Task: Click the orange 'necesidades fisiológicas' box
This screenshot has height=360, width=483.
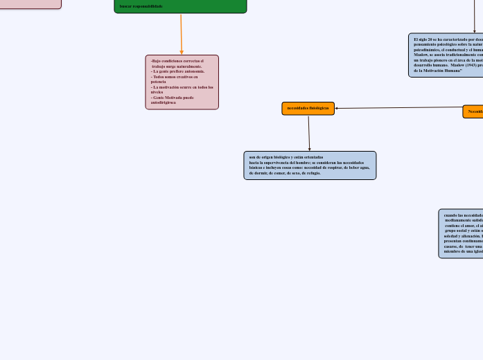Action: (x=308, y=109)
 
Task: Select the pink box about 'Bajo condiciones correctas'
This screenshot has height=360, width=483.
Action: (x=182, y=82)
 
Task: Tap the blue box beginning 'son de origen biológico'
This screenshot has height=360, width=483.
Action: (x=310, y=165)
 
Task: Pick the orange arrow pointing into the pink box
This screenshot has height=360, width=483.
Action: (x=182, y=35)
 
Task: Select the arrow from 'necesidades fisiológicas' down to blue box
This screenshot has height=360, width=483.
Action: (x=309, y=133)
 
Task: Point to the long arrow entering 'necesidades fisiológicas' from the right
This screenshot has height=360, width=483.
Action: (x=398, y=108)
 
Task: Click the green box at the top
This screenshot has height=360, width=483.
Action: (x=180, y=6)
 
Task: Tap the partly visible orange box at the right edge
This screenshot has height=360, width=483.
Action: (x=473, y=111)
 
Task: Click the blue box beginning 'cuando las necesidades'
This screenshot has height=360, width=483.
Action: (x=461, y=234)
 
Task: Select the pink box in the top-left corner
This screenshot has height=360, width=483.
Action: (x=30, y=3)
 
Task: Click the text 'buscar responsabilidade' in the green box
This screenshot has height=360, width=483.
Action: (x=141, y=6)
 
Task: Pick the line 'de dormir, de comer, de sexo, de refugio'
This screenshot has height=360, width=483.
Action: (x=285, y=173)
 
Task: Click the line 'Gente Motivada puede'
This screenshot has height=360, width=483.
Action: (x=173, y=98)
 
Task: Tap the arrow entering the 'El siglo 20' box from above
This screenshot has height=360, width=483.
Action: (x=475, y=17)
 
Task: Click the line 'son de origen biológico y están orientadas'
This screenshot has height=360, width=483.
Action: (x=286, y=157)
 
